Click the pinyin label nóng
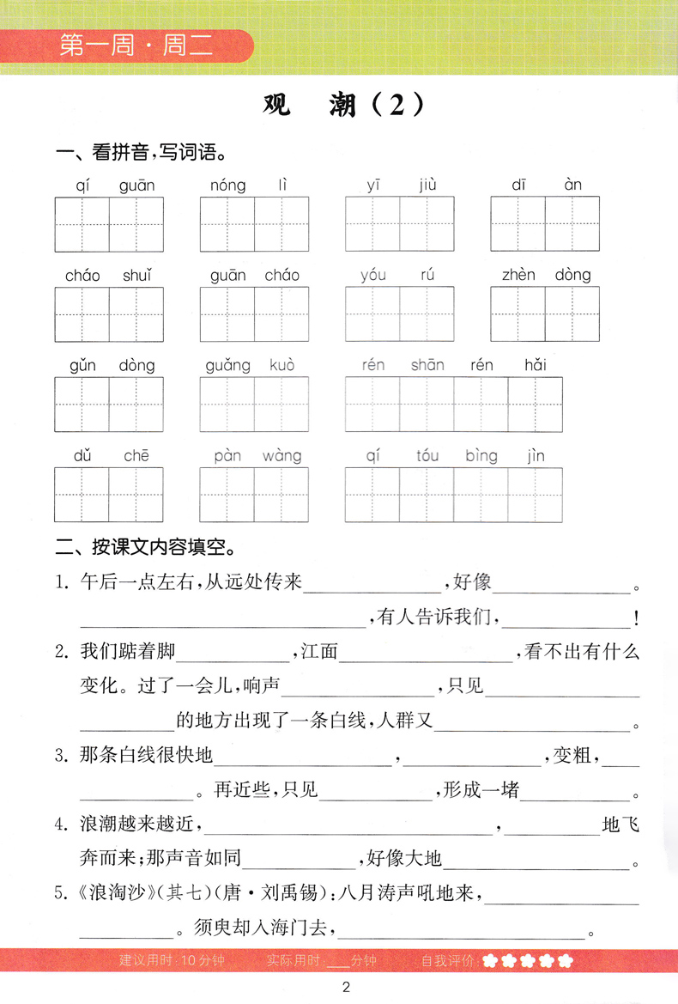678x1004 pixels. pyautogui.click(x=227, y=185)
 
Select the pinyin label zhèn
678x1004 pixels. pyautogui.click(x=518, y=275)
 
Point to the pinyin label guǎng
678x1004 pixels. pyautogui.click(x=228, y=366)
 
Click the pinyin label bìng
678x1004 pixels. pyautogui.click(x=481, y=456)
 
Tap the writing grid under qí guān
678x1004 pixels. pyautogui.click(x=109, y=224)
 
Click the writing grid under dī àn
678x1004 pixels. pyautogui.click(x=545, y=224)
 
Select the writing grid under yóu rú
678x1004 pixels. pyautogui.click(x=400, y=314)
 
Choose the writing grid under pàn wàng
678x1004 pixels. pyautogui.click(x=254, y=495)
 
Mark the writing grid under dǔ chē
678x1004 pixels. pyautogui.click(x=109, y=495)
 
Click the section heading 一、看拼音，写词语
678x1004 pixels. pyautogui.click(x=141, y=155)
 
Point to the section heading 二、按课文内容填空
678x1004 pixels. pyautogui.click(x=146, y=546)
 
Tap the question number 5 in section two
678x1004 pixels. pyautogui.click(x=61, y=895)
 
